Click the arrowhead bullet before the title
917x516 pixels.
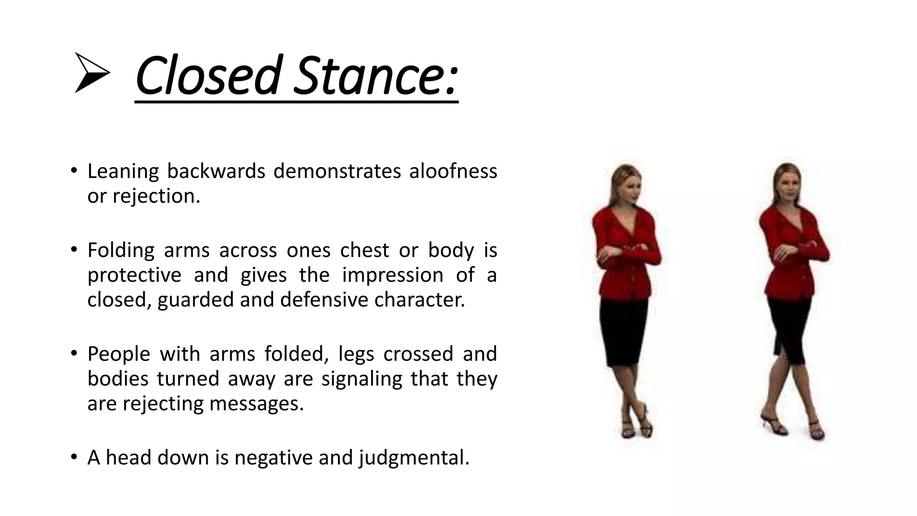coord(91,73)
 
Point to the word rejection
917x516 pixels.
coord(156,196)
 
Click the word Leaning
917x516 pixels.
coord(123,171)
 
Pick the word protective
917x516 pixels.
coord(134,275)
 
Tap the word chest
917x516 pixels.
coord(364,250)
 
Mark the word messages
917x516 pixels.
coord(257,404)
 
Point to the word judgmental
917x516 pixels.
coord(414,458)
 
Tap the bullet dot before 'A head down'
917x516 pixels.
coord(74,457)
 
